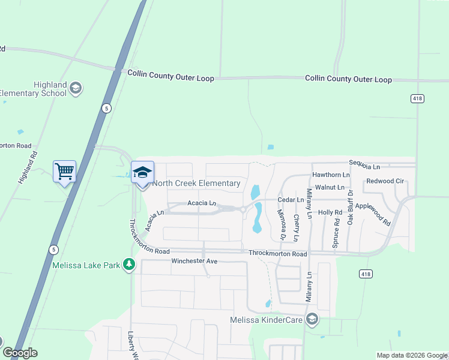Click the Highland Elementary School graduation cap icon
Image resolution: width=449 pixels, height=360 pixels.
point(76,89)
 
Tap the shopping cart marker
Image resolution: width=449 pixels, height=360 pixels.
point(64,171)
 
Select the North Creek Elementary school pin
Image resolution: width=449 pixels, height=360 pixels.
point(142,172)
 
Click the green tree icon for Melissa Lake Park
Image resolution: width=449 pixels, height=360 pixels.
point(128,265)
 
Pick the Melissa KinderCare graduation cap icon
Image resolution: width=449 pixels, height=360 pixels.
point(312,320)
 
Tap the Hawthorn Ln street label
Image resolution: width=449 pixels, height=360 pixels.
point(330,175)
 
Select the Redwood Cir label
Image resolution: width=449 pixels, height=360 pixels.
point(385,181)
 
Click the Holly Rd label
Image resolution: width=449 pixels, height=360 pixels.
point(330,212)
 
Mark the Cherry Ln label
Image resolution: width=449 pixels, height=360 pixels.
point(296,228)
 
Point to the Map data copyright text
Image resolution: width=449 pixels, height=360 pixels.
point(411,355)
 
